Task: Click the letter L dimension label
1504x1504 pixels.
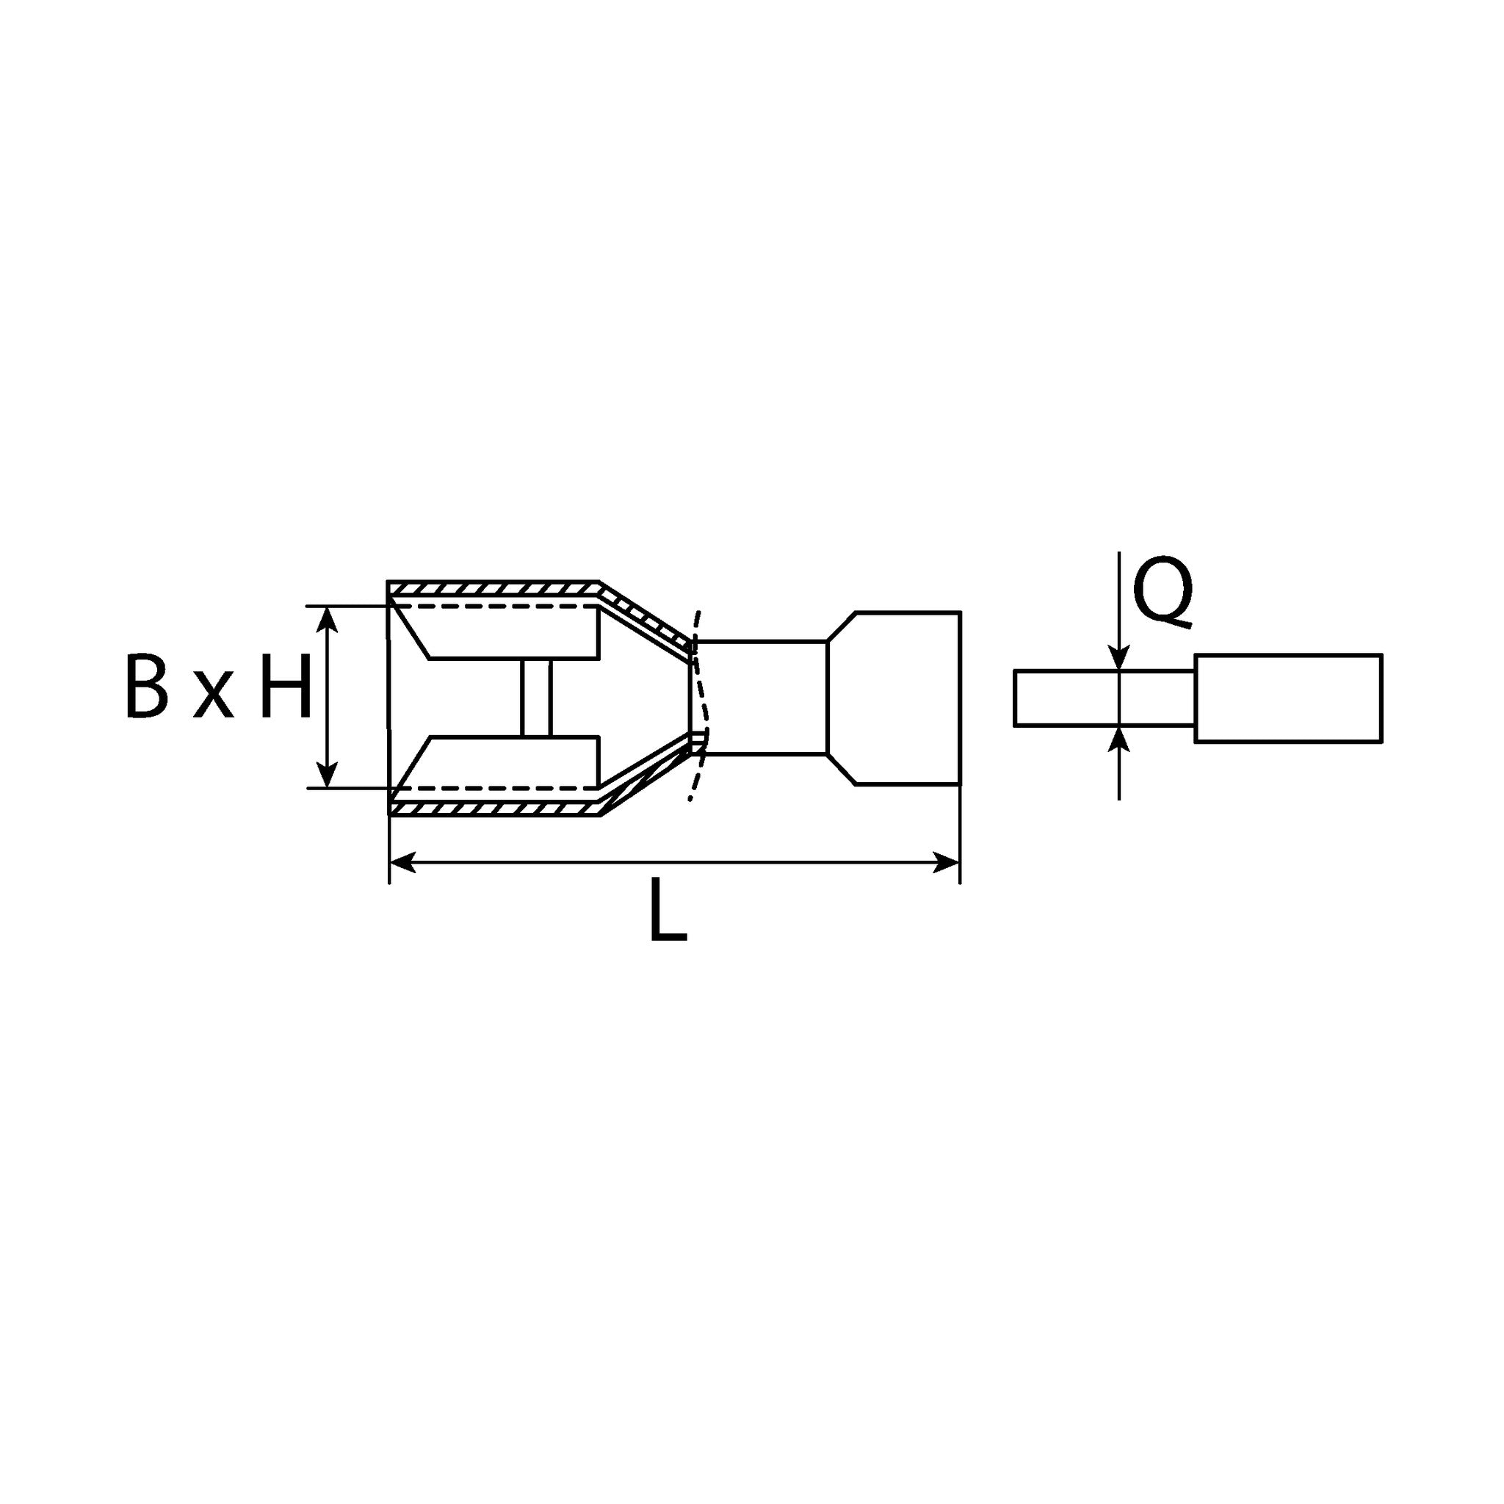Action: pos(668,909)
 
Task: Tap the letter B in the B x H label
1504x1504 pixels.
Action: pos(146,686)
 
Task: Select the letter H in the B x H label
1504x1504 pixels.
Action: pos(286,686)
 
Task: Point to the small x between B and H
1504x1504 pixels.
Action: pos(213,697)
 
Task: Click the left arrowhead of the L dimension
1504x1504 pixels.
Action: pos(402,861)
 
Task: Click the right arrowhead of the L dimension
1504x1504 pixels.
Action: pos(946,861)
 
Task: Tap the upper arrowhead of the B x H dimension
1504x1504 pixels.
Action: pos(328,621)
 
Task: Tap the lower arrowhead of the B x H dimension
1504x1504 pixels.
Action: pos(328,774)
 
